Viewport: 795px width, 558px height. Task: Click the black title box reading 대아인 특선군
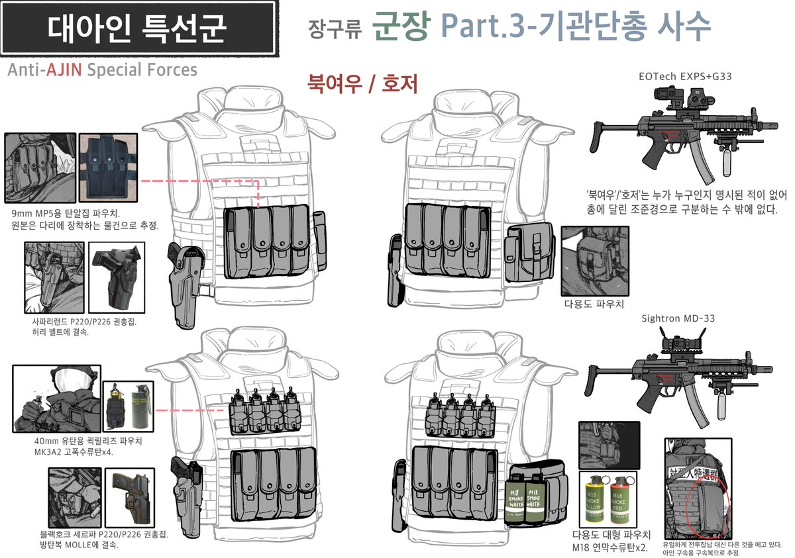pos(138,28)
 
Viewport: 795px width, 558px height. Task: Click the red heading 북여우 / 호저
pos(362,84)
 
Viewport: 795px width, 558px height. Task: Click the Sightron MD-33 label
pos(678,318)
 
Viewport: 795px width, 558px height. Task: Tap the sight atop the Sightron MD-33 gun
pos(682,342)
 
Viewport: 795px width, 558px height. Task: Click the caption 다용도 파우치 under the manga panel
pos(594,305)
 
